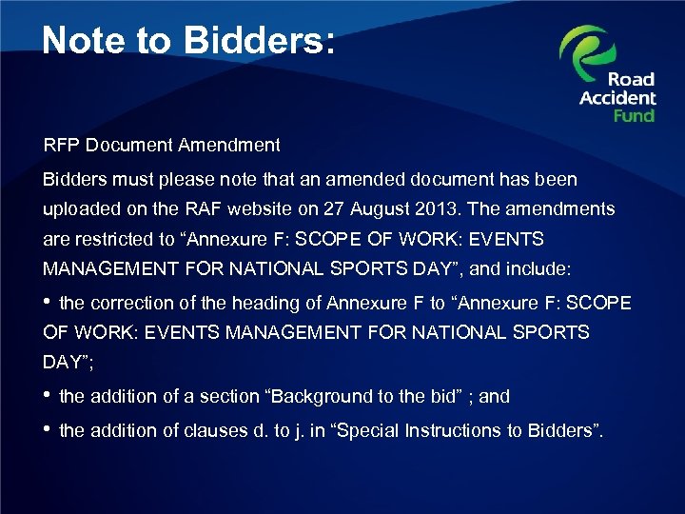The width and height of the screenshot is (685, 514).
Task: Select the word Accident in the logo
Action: [617, 97]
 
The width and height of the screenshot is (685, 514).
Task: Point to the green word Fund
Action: [634, 115]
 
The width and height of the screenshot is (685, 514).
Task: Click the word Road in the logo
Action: [632, 79]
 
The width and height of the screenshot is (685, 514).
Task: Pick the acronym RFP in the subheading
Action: [60, 146]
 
